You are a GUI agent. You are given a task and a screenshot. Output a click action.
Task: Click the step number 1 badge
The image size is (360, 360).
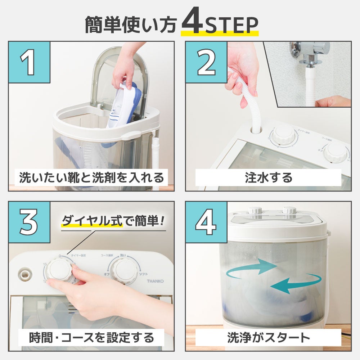(29, 62)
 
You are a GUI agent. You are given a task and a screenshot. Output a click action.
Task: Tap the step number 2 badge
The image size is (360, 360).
(206, 62)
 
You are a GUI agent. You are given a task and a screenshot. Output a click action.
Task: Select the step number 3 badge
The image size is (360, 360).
(29, 222)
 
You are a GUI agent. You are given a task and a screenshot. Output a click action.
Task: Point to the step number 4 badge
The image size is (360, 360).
(206, 222)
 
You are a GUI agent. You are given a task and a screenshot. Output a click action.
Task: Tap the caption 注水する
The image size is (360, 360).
(268, 177)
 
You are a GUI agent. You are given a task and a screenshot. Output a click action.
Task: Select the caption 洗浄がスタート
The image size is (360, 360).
(268, 337)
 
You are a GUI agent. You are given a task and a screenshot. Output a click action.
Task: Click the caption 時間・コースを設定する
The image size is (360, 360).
(91, 337)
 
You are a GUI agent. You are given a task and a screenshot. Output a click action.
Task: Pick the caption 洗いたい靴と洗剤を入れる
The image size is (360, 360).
(91, 177)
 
